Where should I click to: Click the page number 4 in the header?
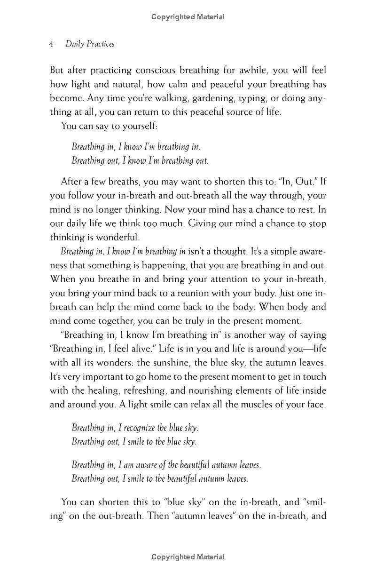52,44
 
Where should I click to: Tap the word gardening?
197,99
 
